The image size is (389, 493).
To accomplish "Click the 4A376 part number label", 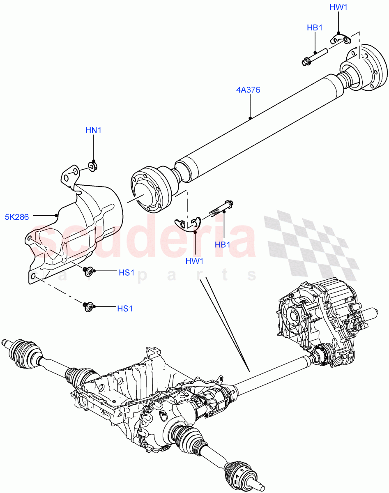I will click(x=248, y=90).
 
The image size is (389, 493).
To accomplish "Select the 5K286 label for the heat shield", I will click(x=16, y=217).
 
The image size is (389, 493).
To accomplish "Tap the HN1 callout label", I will click(x=93, y=131).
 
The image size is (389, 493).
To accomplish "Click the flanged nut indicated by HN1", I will click(x=93, y=166).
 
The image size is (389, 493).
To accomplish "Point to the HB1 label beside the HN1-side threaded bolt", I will click(x=222, y=244).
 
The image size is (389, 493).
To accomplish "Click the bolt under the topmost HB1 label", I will click(x=314, y=57).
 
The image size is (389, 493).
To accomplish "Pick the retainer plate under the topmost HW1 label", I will click(x=341, y=39).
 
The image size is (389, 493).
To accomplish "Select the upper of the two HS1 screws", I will click(x=87, y=271).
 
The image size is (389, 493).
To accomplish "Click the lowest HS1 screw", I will click(x=87, y=306).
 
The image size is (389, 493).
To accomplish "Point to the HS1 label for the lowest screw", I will click(x=125, y=308).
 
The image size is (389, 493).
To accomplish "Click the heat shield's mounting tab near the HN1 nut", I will click(x=70, y=175).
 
